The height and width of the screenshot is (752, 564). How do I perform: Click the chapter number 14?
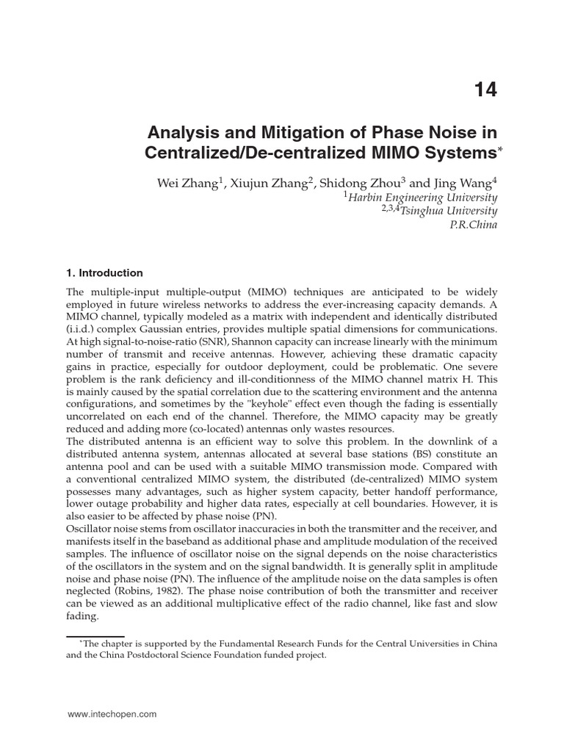point(485,90)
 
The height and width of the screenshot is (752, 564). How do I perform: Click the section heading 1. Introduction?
point(105,273)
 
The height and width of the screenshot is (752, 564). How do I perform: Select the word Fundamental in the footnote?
point(220,644)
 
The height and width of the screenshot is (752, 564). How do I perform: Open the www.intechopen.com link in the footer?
point(112,714)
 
